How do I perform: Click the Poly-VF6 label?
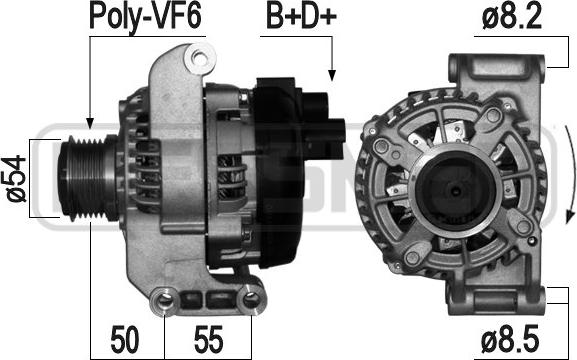click(145, 17)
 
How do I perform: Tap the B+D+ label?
click(301, 17)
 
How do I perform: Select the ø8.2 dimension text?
click(512, 17)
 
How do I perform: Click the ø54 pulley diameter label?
click(17, 179)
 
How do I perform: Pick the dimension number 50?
click(125, 340)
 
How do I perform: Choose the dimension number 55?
click(209, 340)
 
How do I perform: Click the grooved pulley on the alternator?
click(88, 178)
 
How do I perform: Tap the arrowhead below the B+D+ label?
click(332, 75)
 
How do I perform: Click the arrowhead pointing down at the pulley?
click(90, 123)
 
